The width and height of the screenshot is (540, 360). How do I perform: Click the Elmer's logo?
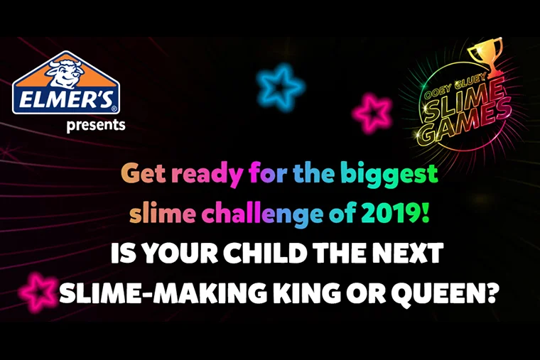point(66,83)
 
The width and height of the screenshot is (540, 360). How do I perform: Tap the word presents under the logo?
point(96,125)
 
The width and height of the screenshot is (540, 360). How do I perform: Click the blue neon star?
point(280,87)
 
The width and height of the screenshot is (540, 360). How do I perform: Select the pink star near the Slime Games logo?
point(372,112)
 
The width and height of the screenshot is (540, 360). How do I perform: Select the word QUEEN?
point(443,293)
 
